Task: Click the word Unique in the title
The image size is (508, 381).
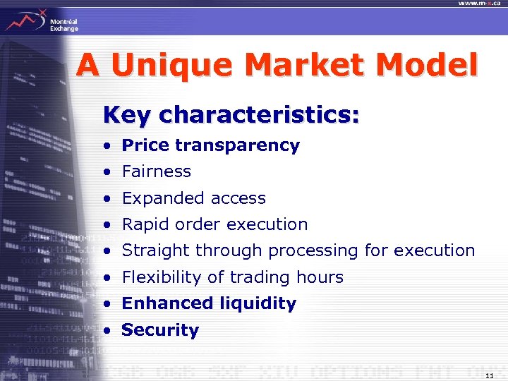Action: click(x=170, y=66)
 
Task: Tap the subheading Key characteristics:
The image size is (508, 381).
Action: click(x=231, y=114)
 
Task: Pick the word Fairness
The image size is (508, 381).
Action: click(x=156, y=171)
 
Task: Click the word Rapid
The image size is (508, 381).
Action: click(x=145, y=224)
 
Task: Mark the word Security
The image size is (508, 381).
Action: click(x=160, y=330)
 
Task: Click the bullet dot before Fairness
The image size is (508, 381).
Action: click(x=105, y=172)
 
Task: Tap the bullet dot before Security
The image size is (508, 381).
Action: click(x=105, y=331)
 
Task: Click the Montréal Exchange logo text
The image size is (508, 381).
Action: click(x=64, y=25)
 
